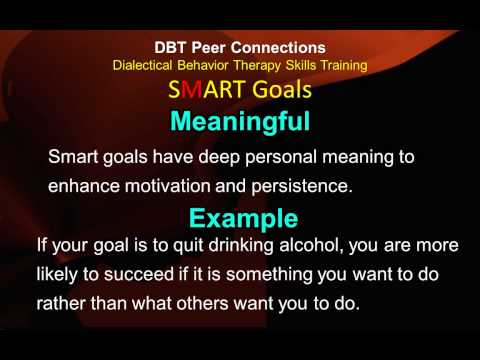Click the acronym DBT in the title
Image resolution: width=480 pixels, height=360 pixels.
pyautogui.click(x=170, y=48)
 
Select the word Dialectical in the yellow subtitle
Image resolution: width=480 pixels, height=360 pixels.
pyautogui.click(x=142, y=65)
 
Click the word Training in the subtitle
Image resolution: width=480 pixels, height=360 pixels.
pyautogui.click(x=344, y=66)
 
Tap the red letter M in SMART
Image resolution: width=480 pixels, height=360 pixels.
pyautogui.click(x=192, y=90)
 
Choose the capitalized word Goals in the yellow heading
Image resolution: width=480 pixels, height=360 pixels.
pyautogui.click(x=282, y=90)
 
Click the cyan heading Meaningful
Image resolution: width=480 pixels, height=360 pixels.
pyautogui.click(x=240, y=122)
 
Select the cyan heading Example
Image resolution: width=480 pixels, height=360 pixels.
pyautogui.click(x=243, y=219)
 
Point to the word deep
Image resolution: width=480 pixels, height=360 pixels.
pyautogui.click(x=219, y=157)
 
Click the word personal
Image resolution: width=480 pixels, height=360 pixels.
pyautogui.click(x=281, y=157)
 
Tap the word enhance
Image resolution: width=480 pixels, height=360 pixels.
pyautogui.click(x=84, y=185)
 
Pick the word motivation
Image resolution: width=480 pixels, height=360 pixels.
pyautogui.click(x=167, y=185)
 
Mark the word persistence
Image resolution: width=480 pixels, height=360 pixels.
pyautogui.click(x=302, y=187)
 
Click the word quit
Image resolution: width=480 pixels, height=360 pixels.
pyautogui.click(x=188, y=246)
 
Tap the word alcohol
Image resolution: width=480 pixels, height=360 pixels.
pyautogui.click(x=312, y=245)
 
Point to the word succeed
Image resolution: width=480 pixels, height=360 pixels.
pyautogui.click(x=139, y=274)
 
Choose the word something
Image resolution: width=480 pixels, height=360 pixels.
pyautogui.click(x=269, y=275)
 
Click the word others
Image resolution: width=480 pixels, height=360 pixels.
pyautogui.click(x=202, y=303)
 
